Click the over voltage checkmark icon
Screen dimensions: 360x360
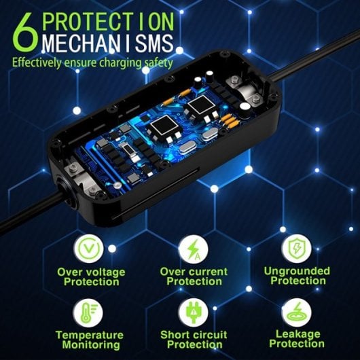(91, 249)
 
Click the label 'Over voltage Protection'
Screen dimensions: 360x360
(91, 276)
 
